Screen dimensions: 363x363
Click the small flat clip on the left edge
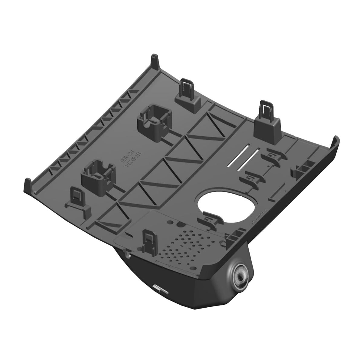[77, 198]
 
